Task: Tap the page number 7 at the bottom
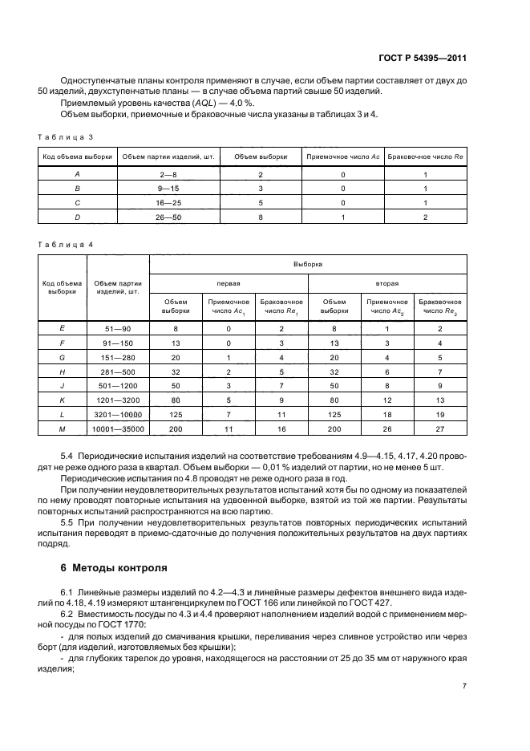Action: [464, 685]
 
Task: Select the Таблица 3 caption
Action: [66, 136]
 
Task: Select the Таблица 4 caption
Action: [66, 243]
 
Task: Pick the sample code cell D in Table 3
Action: [78, 217]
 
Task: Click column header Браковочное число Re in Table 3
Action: [426, 156]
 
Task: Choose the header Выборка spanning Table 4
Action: [308, 263]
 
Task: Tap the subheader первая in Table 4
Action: [229, 283]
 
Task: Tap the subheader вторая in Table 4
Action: [387, 283]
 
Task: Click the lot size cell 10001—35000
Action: [118, 429]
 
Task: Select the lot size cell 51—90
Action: [118, 328]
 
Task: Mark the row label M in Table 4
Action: [63, 429]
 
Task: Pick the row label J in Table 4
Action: [63, 386]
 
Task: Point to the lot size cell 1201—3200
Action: [118, 400]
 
